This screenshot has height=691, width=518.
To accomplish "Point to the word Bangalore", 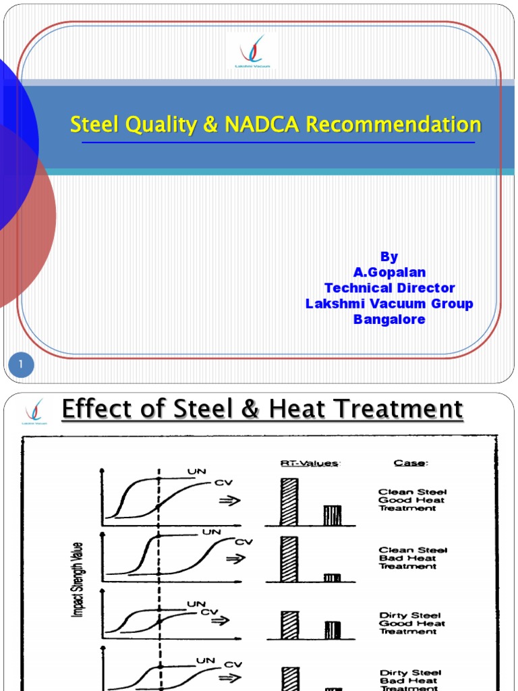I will pos(389,319).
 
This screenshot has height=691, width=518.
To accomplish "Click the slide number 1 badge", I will pos(21,365).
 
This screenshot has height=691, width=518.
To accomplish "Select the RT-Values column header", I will pos(301,463).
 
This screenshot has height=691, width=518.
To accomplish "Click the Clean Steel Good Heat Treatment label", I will pos(412,500).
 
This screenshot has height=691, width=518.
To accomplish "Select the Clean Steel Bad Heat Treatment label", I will pos(412,558).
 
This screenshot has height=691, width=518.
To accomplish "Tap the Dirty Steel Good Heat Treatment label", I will pos(411,623).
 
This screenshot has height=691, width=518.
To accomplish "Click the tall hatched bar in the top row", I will pos(289,501).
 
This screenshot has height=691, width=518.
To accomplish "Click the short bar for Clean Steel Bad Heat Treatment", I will pos(332,578).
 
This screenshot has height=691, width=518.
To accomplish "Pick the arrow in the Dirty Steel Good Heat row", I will pos(220,620).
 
